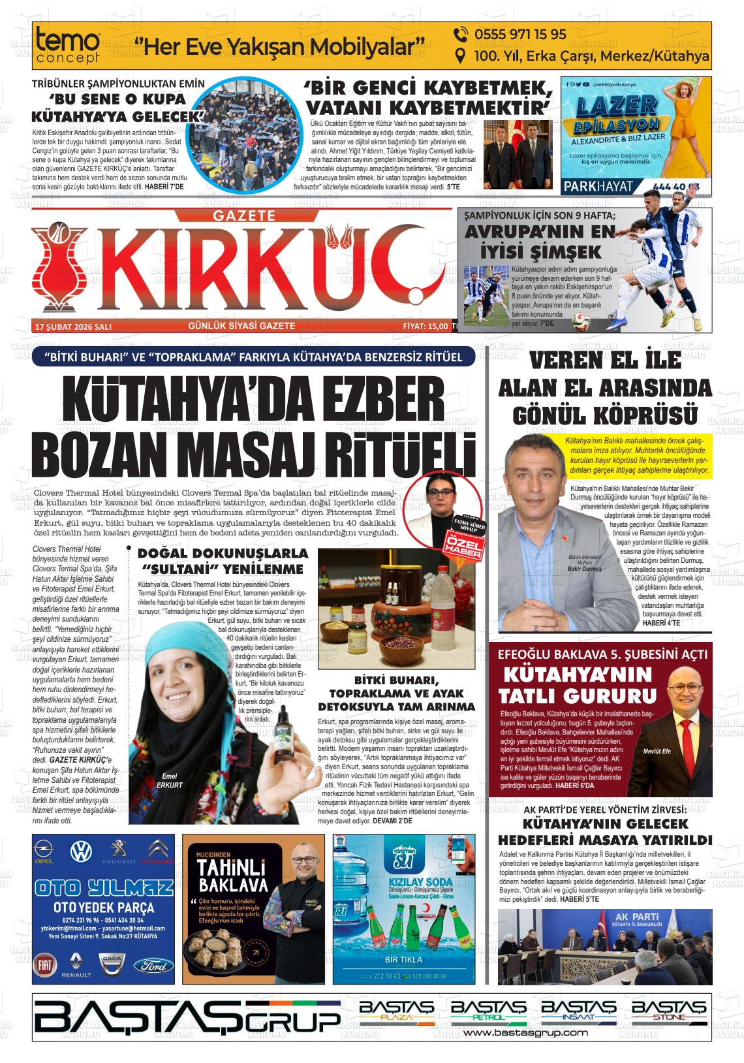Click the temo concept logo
click(x=68, y=46)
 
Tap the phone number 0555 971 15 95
click(x=510, y=35)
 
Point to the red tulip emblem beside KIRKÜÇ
click(x=61, y=268)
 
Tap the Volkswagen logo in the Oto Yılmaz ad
click(x=82, y=851)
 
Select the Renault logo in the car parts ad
click(x=76, y=963)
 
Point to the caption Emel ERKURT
click(x=169, y=780)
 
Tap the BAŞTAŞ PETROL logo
click(x=489, y=1011)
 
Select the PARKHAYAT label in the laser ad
click(x=597, y=186)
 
